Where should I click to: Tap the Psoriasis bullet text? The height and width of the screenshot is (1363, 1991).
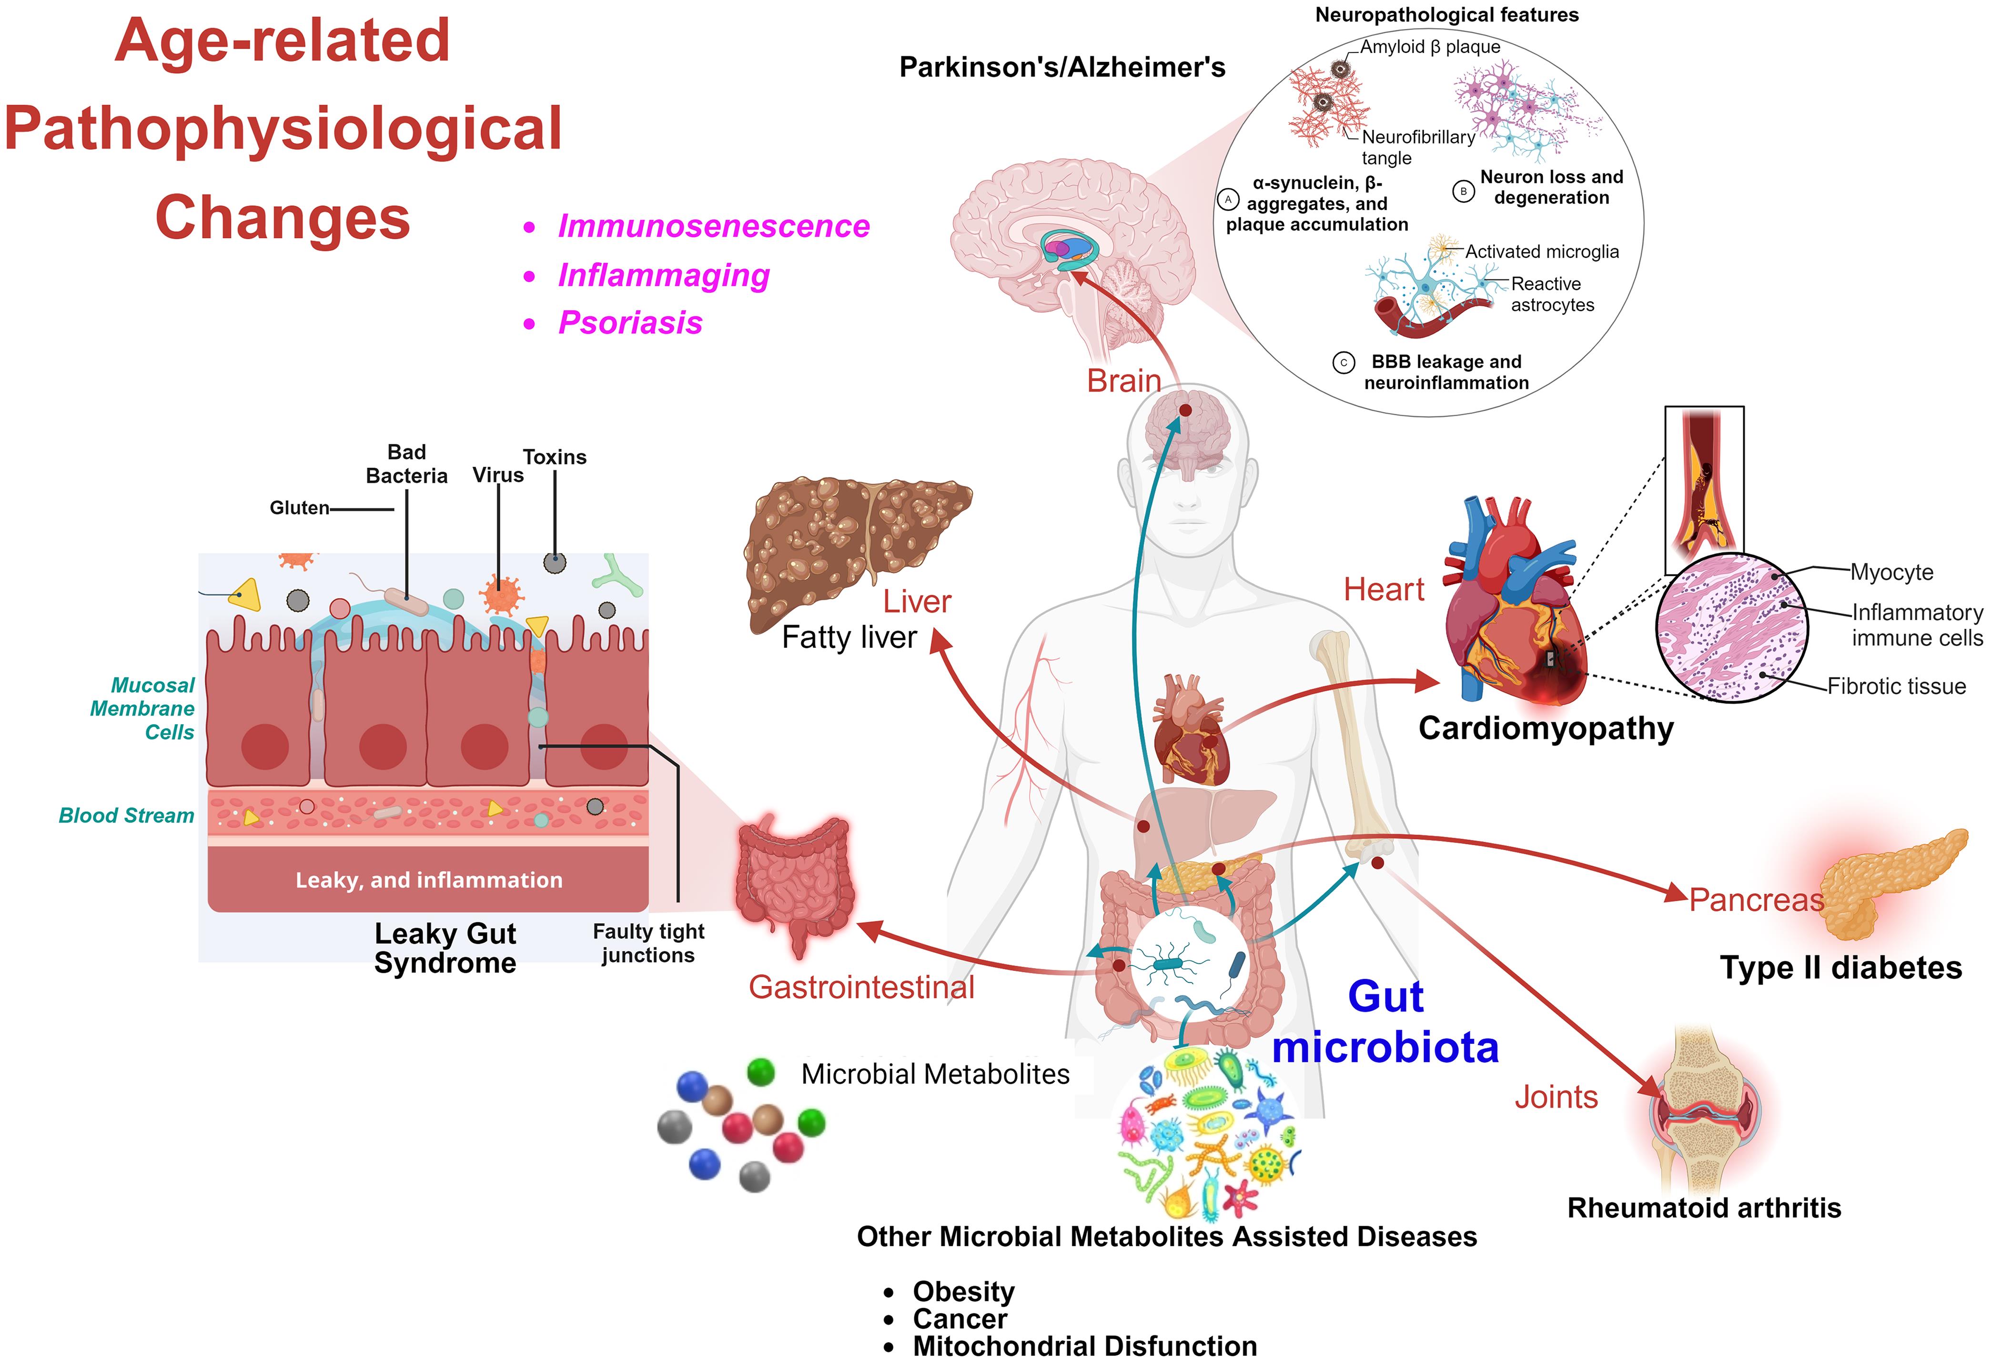click(630, 323)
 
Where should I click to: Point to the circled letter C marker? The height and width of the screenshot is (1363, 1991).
click(1344, 363)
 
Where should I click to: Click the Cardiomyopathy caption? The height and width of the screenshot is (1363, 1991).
click(1546, 728)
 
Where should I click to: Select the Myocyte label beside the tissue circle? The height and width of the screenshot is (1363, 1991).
click(1891, 572)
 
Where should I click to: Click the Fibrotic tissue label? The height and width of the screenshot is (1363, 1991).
click(1896, 686)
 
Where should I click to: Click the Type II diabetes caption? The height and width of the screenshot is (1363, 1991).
click(1840, 968)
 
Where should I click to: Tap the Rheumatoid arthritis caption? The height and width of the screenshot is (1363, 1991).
click(1703, 1208)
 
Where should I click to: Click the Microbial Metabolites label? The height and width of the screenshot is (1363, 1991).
click(935, 1074)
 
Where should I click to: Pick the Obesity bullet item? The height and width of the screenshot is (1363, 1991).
click(963, 1291)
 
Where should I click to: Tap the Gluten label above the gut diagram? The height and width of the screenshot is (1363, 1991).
click(299, 508)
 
